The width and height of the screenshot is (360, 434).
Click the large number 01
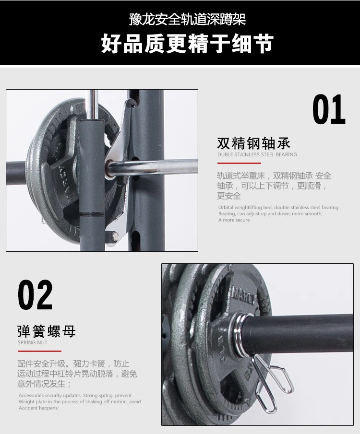(x=329, y=110)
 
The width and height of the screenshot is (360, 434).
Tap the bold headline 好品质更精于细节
(x=187, y=44)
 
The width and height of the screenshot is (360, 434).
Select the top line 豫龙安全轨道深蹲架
(x=187, y=20)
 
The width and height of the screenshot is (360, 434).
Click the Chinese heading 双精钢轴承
(x=253, y=143)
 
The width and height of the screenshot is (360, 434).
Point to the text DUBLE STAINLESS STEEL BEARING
(x=257, y=155)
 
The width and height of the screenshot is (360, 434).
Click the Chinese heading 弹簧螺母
(x=47, y=331)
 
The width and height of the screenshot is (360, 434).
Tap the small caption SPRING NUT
(x=33, y=343)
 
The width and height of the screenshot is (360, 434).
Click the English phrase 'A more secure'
(x=234, y=220)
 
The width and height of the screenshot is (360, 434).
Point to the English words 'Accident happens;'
(x=38, y=408)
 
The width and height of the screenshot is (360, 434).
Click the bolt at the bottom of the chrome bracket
(x=115, y=235)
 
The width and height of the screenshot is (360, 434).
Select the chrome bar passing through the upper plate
(x=158, y=167)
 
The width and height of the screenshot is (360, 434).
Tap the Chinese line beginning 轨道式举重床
(x=274, y=176)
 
